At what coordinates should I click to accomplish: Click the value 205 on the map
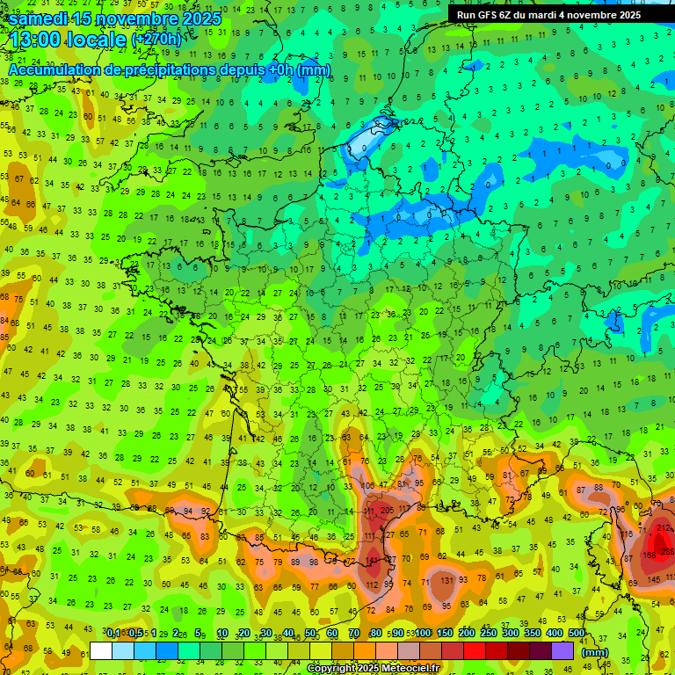tap(388, 511)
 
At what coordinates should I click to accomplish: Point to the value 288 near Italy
tap(668, 551)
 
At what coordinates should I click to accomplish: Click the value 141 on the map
tap(374, 559)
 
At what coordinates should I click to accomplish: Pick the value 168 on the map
tap(650, 555)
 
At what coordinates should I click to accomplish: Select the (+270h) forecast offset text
tap(156, 40)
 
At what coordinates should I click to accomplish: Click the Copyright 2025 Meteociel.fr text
tap(372, 668)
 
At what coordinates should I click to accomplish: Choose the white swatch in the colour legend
tap(101, 651)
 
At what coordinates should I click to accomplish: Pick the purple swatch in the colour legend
tap(563, 651)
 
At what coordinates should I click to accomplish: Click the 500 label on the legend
tap(577, 634)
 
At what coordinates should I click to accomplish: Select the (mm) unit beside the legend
tap(595, 652)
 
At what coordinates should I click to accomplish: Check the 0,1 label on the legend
tap(114, 634)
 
